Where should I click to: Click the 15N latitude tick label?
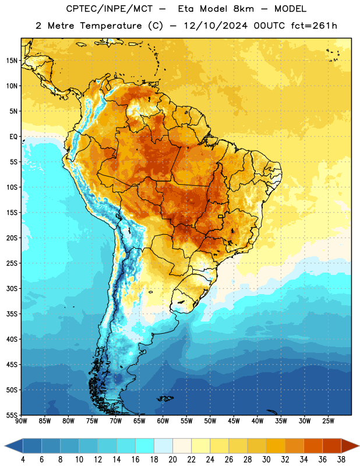tap(12, 61)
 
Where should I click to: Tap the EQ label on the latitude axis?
tap(13, 137)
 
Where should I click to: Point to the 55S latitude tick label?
tap(12, 415)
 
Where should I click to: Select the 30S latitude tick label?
tap(12, 288)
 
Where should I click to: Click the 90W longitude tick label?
tap(21, 421)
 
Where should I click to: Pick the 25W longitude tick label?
tap(328, 421)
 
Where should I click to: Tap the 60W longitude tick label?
tap(163, 421)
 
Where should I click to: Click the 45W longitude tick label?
tap(234, 421)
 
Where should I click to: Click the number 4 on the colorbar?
tap(23, 460)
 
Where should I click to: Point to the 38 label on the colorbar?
tap(341, 460)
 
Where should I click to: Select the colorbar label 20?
tap(172, 460)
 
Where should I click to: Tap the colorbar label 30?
tap(266, 460)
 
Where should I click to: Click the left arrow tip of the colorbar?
tap(5, 446)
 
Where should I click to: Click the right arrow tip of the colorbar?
tap(359, 446)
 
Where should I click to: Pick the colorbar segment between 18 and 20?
tap(163, 446)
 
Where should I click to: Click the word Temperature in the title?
tap(111, 26)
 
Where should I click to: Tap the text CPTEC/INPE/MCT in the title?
tap(110, 9)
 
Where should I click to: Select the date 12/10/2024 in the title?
tap(216, 26)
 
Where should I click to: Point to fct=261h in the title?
tap(314, 26)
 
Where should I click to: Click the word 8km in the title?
tap(243, 9)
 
